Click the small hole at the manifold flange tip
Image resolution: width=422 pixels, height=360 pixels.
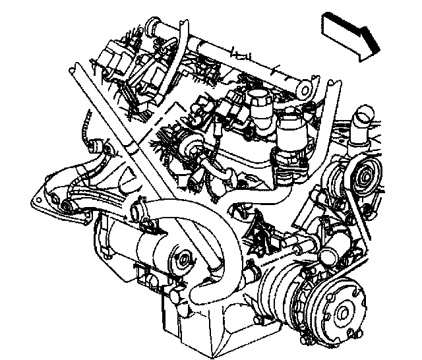click(x=70, y=209)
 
